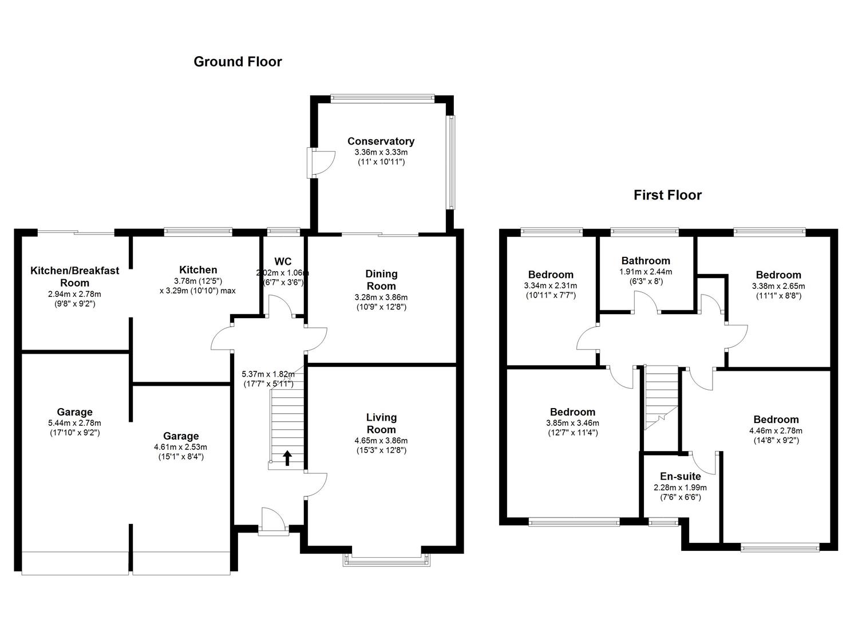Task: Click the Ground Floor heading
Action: point(238,61)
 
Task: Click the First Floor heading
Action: point(667,195)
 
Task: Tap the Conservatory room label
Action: point(381,141)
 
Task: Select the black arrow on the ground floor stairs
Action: point(287,458)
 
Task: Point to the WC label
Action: point(283,261)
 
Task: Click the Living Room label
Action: point(381,424)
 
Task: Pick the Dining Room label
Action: point(381,280)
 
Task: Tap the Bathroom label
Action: point(646,261)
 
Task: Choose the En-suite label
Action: point(681,476)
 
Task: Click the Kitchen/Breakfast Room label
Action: point(75,277)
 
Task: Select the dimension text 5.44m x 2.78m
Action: point(75,423)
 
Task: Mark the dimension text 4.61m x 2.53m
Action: point(181,447)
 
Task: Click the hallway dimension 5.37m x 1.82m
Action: point(268,374)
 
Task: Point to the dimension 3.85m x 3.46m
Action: point(572,423)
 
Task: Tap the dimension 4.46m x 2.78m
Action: point(776,430)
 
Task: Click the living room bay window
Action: point(386,560)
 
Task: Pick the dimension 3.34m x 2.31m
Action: point(551,285)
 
